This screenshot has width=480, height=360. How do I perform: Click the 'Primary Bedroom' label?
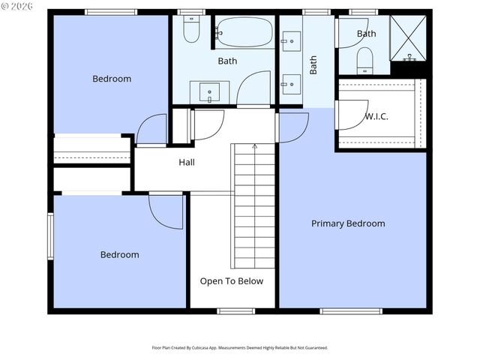tap(348, 223)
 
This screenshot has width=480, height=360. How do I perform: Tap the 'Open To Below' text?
tap(231, 281)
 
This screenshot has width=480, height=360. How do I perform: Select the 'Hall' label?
tap(187, 162)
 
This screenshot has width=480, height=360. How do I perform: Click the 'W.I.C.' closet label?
tap(376, 116)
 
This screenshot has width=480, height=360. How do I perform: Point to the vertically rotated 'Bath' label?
tap(313, 64)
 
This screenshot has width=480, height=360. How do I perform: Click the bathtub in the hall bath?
tap(244, 32)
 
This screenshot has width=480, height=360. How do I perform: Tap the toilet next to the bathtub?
tap(191, 30)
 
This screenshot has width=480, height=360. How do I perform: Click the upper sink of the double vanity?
tap(290, 39)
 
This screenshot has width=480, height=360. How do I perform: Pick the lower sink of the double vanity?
tap(290, 84)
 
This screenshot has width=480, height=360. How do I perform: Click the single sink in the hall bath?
tap(209, 92)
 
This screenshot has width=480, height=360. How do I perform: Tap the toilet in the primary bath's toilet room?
tap(364, 61)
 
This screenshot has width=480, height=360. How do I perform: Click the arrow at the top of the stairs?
tap(254, 146)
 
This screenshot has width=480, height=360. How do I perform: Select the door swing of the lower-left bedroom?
tap(164, 211)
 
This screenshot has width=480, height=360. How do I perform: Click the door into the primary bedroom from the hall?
tap(293, 127)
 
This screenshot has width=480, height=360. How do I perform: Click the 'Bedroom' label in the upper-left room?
tap(112, 79)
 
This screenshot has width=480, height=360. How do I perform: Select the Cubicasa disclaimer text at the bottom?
tap(240, 348)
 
